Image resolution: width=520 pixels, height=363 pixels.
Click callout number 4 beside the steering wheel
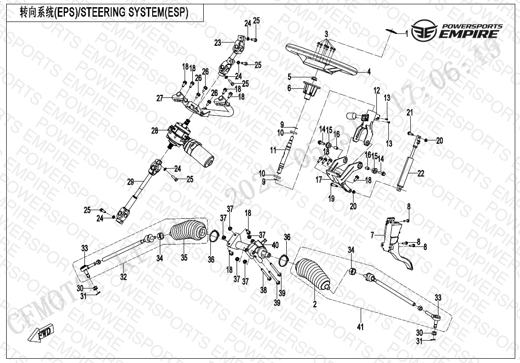tap(369, 72)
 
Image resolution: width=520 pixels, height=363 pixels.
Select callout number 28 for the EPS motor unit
tap(154, 130)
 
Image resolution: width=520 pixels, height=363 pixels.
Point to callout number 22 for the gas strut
tap(421, 174)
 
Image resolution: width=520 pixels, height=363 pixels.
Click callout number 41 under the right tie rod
tap(361, 327)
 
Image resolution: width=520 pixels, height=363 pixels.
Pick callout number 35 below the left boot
tap(184, 258)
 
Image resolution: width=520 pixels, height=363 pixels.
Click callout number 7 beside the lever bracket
tap(373, 235)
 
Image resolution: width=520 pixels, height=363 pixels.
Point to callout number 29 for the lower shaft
tap(131, 182)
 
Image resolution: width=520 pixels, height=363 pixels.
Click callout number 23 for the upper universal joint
tap(218, 43)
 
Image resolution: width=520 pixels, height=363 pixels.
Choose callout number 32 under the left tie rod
tap(123, 277)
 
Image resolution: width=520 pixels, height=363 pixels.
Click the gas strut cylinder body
tap(407, 168)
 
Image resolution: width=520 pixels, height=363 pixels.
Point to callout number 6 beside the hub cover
tap(289, 88)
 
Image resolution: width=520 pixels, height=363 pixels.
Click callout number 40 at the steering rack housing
tap(275, 246)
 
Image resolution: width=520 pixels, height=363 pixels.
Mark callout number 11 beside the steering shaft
tap(273, 150)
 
